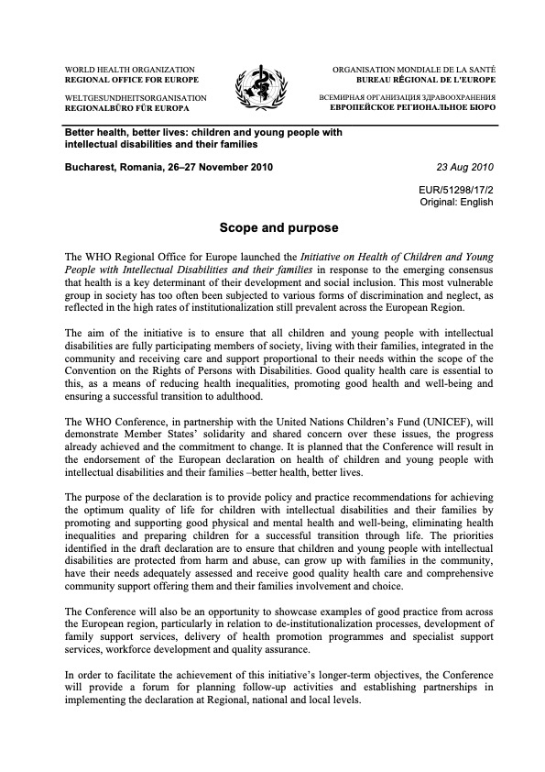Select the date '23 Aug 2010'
468,167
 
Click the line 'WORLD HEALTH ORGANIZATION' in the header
128,70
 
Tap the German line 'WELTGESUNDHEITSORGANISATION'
135,96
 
